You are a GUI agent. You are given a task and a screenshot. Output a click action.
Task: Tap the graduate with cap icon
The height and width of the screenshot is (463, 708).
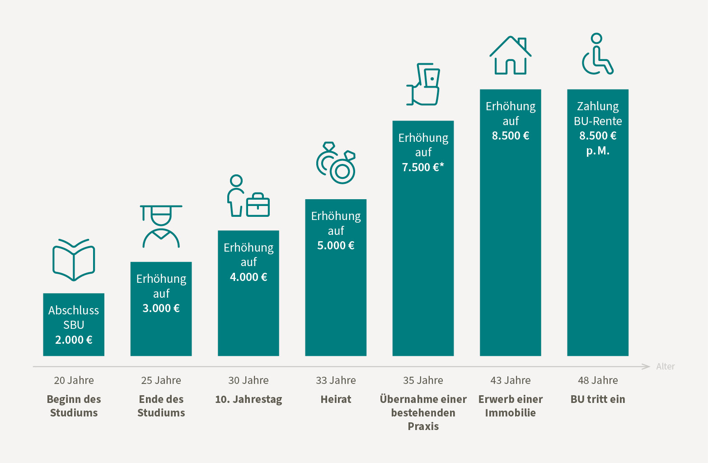coord(161,226)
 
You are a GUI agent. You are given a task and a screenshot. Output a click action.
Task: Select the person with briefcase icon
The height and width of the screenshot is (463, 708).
coord(248,196)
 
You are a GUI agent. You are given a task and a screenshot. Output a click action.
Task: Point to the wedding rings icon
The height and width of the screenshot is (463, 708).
coord(336,163)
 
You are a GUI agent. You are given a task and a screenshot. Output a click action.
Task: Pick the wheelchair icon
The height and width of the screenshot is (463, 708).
coord(597,54)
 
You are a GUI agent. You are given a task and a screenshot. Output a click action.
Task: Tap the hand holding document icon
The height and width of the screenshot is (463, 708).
coord(423,84)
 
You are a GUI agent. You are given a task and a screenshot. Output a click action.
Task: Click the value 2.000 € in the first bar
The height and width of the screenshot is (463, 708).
coord(74,340)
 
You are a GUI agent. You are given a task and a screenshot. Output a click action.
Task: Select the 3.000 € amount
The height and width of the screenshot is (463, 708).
coord(161,308)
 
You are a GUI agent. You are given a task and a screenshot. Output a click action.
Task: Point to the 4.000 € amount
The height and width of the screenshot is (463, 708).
coord(249,277)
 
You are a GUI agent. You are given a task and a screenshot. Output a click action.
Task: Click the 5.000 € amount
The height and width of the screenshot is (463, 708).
coord(336,245)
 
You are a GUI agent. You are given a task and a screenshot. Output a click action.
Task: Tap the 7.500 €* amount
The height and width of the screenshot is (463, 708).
coord(423,167)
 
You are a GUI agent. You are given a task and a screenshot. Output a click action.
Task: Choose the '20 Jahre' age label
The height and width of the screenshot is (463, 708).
coord(74,380)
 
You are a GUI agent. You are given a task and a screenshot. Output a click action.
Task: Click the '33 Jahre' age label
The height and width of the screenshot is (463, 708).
coord(336,380)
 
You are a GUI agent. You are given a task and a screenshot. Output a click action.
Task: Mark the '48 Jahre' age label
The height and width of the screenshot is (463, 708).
coord(598,380)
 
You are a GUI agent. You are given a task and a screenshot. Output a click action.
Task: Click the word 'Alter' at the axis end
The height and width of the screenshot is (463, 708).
coord(665,366)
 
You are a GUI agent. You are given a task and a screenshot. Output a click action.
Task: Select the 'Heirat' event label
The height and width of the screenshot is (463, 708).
coord(336,399)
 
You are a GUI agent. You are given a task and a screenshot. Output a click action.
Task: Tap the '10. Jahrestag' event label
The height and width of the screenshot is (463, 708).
coord(249,399)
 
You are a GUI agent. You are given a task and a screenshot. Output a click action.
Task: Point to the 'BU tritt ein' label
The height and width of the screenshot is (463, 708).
coord(598,399)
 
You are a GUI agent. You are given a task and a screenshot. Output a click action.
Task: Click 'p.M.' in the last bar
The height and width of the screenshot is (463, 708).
coord(598,151)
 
